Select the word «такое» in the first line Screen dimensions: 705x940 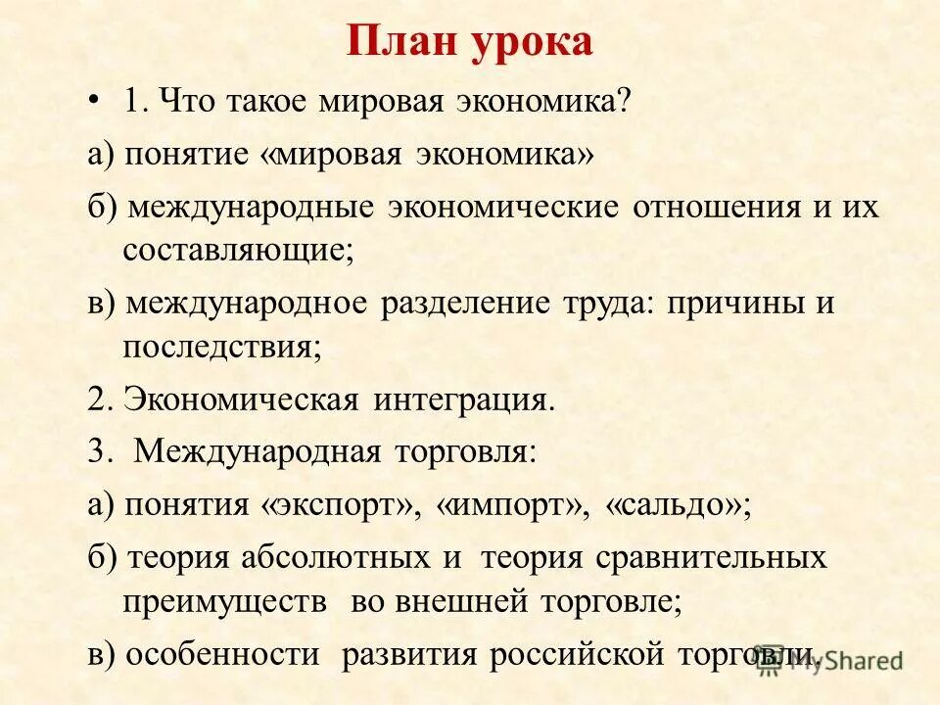point(264,102)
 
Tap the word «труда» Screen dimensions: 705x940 point(604,305)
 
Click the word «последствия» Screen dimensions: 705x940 point(221,347)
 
